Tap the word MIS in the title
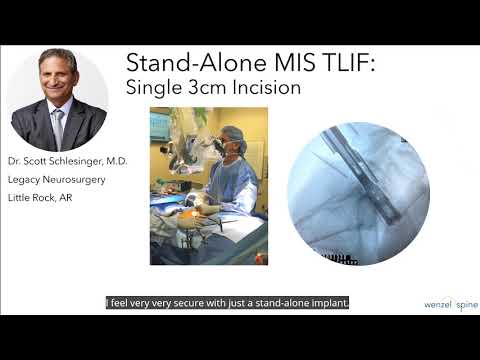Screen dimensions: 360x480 point(258,64)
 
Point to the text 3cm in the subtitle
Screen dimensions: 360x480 point(198,88)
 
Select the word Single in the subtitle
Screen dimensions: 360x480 point(150,88)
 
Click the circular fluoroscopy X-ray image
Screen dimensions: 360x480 point(357,192)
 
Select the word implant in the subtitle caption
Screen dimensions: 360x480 point(327,301)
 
